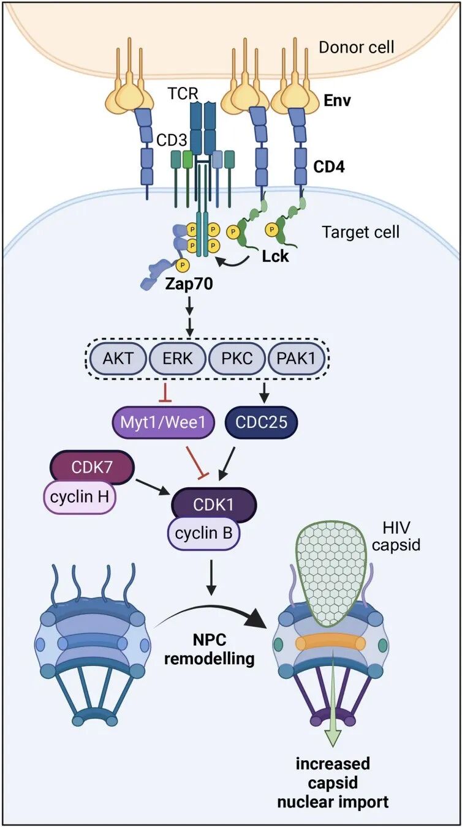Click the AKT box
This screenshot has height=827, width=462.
(118, 359)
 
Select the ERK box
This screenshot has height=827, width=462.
(178, 359)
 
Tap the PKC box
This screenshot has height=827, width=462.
(237, 359)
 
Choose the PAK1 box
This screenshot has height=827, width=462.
(296, 359)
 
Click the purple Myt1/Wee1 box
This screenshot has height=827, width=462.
(163, 422)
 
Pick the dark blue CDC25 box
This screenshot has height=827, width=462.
(261, 422)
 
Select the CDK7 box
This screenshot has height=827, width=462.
(92, 468)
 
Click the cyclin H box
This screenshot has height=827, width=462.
(80, 497)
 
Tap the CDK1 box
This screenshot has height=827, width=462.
(213, 505)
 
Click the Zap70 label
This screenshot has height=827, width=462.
(189, 284)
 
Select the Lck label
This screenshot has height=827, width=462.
(275, 256)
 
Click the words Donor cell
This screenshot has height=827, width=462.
(357, 47)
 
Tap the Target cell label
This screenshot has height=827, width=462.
(361, 232)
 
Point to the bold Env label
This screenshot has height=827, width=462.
(337, 100)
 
